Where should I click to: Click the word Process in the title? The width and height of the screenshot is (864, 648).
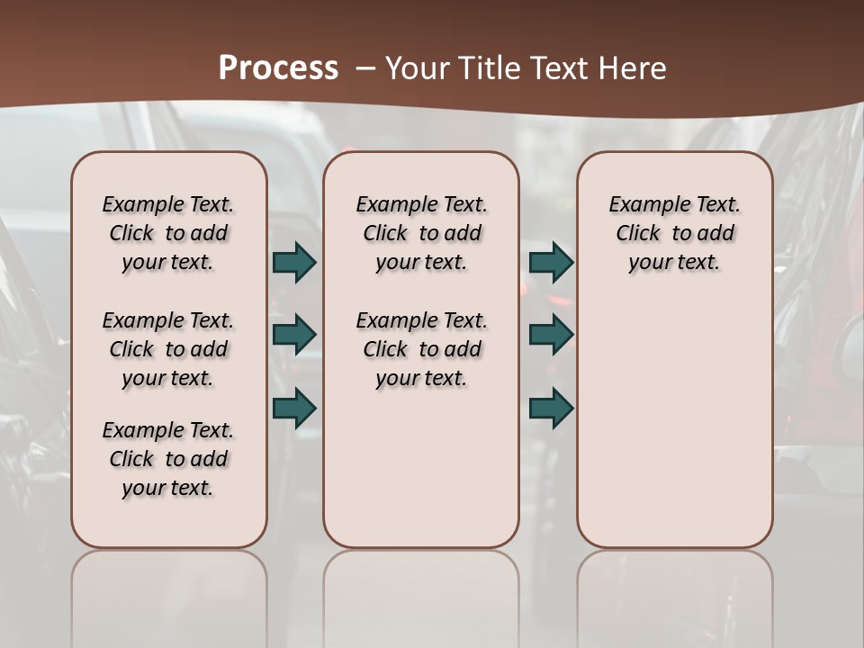click(278, 67)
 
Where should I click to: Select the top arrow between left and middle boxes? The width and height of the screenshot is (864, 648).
click(294, 262)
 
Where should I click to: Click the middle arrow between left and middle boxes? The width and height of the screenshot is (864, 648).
click(294, 335)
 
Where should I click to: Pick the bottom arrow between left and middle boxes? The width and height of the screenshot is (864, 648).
click(294, 408)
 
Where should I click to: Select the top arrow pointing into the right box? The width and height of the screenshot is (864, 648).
click(551, 262)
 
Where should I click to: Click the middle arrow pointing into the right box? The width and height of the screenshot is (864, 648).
click(551, 335)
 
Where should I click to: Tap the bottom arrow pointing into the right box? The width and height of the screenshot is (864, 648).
click(551, 408)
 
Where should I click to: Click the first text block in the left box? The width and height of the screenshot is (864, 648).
click(168, 233)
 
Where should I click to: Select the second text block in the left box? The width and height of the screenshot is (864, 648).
click(168, 349)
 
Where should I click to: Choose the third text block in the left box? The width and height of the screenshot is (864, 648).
click(168, 459)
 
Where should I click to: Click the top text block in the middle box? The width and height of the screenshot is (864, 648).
click(421, 233)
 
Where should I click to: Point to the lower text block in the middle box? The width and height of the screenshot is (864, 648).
click(421, 349)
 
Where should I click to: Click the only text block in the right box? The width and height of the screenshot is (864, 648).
click(674, 233)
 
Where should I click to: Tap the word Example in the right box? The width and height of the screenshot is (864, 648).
click(643, 205)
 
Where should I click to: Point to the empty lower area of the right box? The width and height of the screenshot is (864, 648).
click(674, 423)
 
